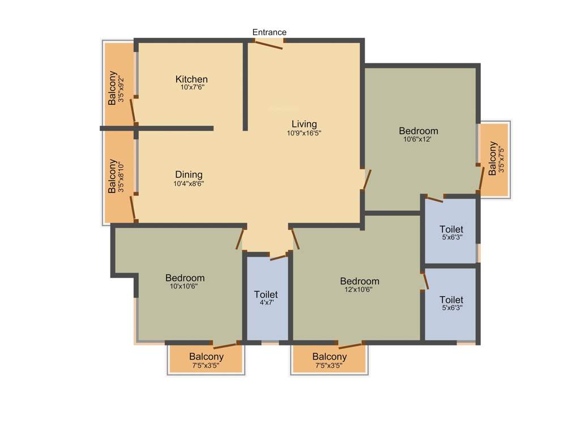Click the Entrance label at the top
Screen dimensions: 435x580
[270, 32]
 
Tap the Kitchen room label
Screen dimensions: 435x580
[191, 79]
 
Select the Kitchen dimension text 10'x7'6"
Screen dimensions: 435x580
[191, 88]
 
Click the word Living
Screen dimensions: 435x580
[304, 124]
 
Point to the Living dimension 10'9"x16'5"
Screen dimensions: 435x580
[304, 133]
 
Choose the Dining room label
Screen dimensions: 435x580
[189, 174]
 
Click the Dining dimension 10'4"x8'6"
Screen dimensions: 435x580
[189, 184]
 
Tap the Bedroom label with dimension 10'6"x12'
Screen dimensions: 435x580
[419, 131]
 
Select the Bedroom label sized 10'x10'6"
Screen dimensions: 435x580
[185, 278]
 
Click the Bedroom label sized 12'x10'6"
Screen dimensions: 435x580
[360, 281]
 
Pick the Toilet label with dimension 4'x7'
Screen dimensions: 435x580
[266, 295]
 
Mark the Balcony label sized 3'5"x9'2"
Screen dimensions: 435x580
[113, 88]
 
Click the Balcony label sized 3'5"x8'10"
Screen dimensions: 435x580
[113, 176]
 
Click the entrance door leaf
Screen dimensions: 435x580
[267, 45]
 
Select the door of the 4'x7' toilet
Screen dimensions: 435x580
[278, 257]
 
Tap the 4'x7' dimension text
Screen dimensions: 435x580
[266, 303]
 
